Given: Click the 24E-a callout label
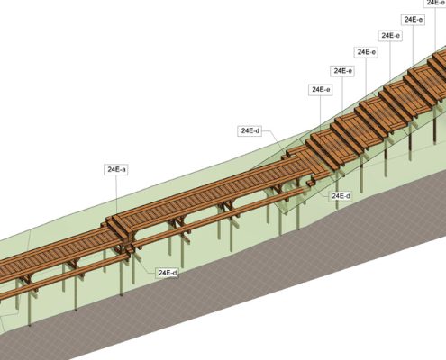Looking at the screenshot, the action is coord(116,169).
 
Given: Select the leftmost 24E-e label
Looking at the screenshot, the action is coord(321,90).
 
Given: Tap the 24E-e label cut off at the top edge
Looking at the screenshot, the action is coord(435,3).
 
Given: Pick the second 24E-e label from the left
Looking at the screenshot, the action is coord(342,71).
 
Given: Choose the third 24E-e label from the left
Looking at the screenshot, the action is coord(366,52).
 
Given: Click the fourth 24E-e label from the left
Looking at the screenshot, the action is coord(390,36).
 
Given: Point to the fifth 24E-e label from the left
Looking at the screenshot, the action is coord(413,20).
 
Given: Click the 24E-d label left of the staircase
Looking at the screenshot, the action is coord(250,130).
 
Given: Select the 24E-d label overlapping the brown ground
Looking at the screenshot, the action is coord(168,273).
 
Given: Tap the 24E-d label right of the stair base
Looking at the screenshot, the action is coord(341,196).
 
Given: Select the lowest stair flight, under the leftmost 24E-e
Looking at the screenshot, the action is coord(322,150).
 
